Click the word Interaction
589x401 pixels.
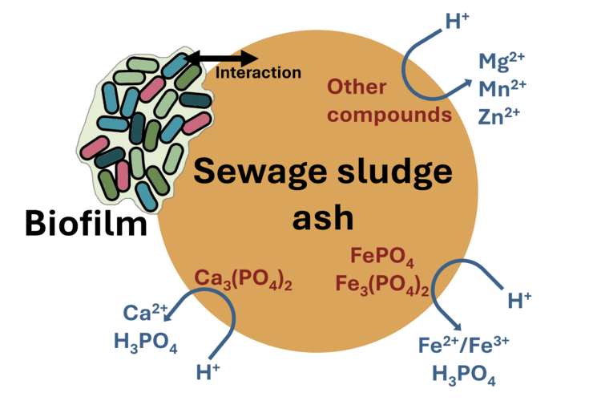(258, 73)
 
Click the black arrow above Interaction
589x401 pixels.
(240, 59)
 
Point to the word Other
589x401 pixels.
(357, 87)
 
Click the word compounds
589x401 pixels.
(390, 114)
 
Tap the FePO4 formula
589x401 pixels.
(382, 258)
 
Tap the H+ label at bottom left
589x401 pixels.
(211, 371)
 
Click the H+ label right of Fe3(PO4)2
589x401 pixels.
(520, 301)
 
